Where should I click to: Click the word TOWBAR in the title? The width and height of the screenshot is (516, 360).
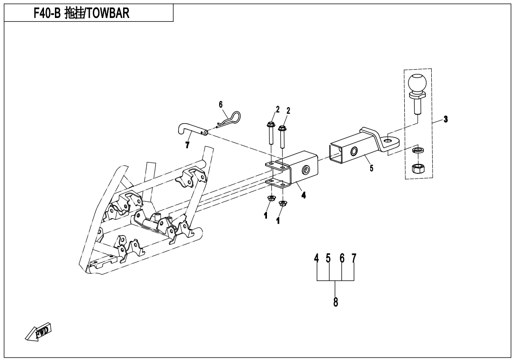106,13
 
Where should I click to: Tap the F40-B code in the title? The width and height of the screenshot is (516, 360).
46,13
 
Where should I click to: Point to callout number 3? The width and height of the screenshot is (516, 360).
445,119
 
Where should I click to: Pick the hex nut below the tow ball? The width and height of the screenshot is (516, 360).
418,168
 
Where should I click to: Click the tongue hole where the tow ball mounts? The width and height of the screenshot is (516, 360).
389,140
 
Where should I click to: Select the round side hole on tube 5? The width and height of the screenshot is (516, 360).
354,152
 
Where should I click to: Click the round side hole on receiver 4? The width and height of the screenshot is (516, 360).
306,169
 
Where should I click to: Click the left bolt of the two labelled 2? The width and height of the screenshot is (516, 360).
270,133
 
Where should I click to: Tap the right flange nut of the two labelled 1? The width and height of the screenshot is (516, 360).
283,204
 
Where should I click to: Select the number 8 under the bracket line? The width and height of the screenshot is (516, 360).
336,301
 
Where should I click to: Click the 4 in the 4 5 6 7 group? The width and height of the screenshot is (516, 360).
317,259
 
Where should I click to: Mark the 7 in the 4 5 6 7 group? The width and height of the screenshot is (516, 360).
354,259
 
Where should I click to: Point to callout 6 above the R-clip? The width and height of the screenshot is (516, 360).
221,104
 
